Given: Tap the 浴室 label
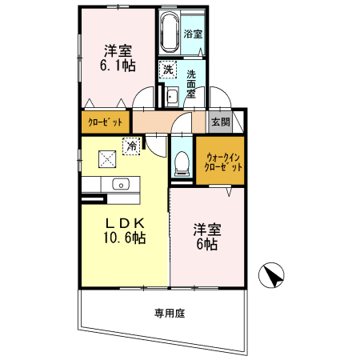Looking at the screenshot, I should click(193, 34).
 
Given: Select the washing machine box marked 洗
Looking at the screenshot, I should click(167, 70).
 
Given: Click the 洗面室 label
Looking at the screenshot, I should click(192, 82).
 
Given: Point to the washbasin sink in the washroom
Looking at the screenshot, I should click(172, 97).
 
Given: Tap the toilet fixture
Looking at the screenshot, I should click(181, 163).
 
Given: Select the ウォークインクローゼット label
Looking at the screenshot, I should click(225, 163).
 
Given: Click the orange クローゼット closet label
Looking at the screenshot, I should click(105, 123).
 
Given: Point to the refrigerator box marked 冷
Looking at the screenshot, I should click(130, 146).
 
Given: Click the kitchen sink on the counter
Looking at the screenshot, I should click(122, 186).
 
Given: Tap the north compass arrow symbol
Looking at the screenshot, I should click(273, 275).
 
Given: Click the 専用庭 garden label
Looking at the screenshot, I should click(169, 314).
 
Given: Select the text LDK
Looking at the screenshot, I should click(124, 222).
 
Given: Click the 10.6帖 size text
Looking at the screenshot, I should click(124, 238).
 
